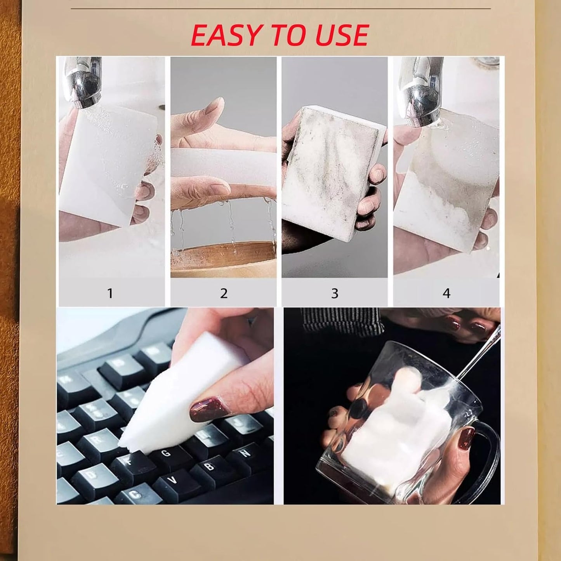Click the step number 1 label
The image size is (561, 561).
coord(110,293)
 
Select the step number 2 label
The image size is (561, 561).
coord(224,293)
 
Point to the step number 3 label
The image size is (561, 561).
coord(335,293)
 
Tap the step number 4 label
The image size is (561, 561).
coord(446,293)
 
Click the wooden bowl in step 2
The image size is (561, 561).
coord(224,259)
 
